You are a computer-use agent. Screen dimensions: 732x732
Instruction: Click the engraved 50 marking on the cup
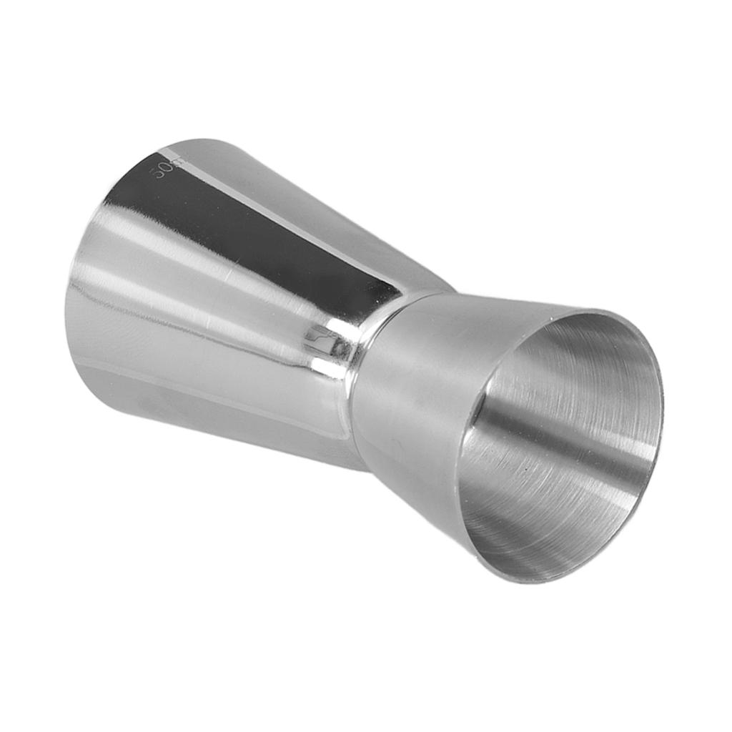click(164, 171)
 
